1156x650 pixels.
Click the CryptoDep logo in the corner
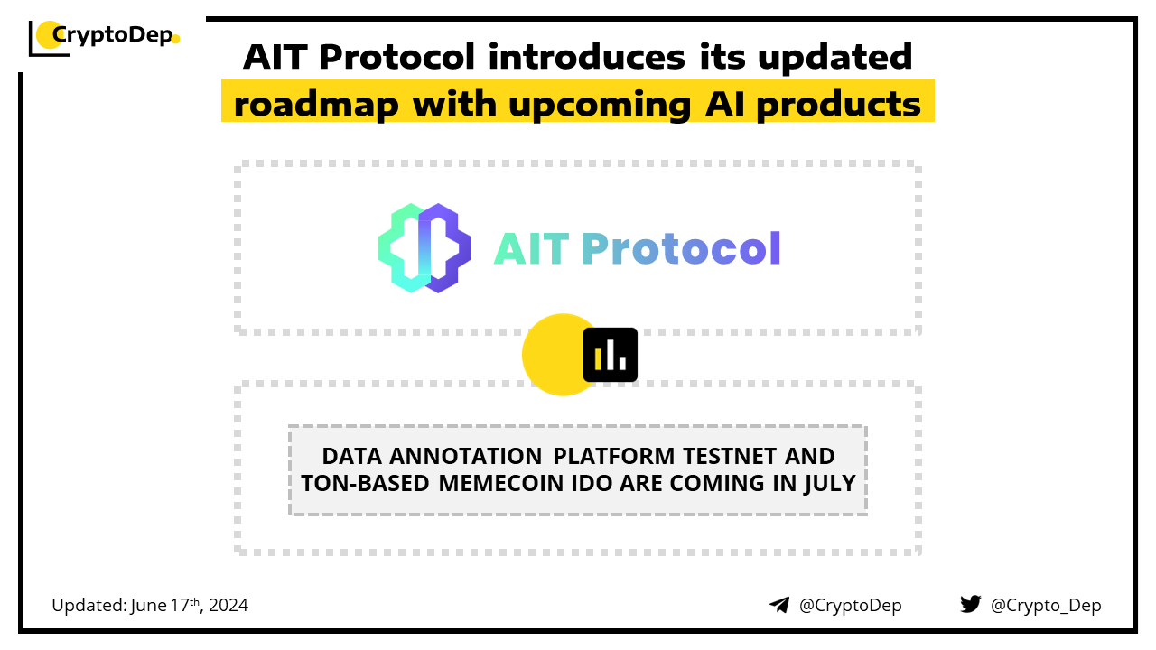pos(104,38)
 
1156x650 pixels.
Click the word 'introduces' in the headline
pos(587,56)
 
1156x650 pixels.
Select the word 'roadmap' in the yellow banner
pos(316,105)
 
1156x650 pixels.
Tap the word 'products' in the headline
pos(839,105)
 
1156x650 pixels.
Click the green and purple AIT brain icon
pos(424,248)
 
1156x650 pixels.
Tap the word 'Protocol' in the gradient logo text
pos(681,248)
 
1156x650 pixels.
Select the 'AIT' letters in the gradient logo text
pos(531,249)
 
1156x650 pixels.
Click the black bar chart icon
pos(610,355)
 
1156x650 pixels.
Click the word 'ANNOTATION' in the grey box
pos(465,456)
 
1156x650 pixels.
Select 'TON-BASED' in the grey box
pos(365,484)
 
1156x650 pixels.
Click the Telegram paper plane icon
pos(779,605)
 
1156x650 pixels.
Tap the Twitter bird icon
pos(970,604)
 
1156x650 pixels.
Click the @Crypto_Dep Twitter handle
pos(1046,605)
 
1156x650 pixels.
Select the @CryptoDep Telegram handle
pos(850,605)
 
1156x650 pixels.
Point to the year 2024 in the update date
pos(228,605)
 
